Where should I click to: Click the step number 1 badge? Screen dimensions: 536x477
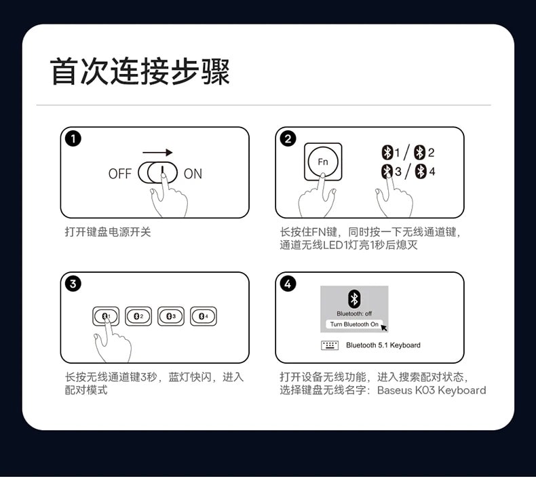coord(73,139)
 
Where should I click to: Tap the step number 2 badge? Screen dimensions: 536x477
coord(288,139)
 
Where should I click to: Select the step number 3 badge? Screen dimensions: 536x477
coord(73,284)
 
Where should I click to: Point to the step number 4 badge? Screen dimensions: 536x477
coord(288,284)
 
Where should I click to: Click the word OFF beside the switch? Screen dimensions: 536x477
coord(119,174)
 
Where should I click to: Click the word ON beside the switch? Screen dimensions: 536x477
coord(193,174)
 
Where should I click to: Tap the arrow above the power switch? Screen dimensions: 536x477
coord(157,152)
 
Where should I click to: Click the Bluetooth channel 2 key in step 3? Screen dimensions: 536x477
coord(138,316)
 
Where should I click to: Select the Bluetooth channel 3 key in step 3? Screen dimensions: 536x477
coord(171,316)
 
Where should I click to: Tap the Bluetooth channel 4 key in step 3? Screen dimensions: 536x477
coord(204,316)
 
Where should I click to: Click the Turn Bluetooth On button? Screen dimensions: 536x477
coord(354,324)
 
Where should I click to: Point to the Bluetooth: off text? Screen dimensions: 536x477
coord(354,313)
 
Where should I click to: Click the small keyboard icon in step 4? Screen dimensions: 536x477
coord(330,345)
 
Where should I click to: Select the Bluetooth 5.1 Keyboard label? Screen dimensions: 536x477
coord(383,345)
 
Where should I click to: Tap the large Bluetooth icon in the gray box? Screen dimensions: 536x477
coord(354,299)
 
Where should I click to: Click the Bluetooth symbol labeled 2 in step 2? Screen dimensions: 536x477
coord(419,153)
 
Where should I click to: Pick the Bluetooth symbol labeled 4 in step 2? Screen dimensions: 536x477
coord(421,171)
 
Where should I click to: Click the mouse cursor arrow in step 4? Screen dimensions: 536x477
coord(384,328)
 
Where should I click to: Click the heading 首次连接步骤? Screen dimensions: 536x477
coord(140,71)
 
